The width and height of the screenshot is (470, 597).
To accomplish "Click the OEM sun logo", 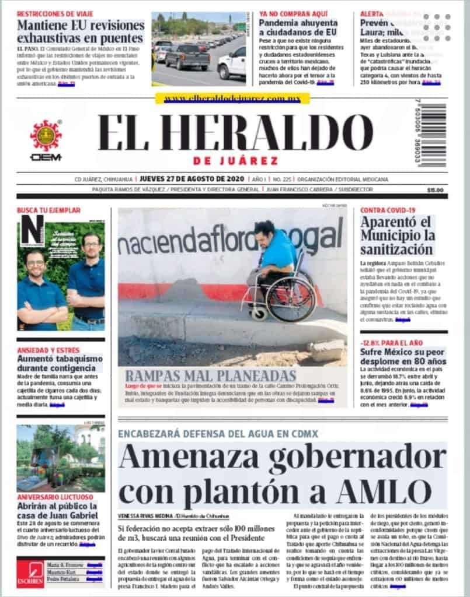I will (x=46, y=135).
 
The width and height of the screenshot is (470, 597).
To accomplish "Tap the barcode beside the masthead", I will (x=434, y=135).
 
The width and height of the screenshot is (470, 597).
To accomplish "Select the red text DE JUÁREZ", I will (x=235, y=161).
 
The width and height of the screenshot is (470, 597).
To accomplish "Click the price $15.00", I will (x=435, y=190).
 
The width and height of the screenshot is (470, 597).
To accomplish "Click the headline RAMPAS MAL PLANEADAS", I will (x=210, y=375).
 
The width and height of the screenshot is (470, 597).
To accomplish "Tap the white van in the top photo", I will (x=232, y=63).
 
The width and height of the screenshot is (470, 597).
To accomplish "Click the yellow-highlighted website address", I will (x=232, y=99).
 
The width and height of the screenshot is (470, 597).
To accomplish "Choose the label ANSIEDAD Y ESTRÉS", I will (x=48, y=350).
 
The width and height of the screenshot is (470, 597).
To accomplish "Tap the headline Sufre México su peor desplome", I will (x=403, y=357).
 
